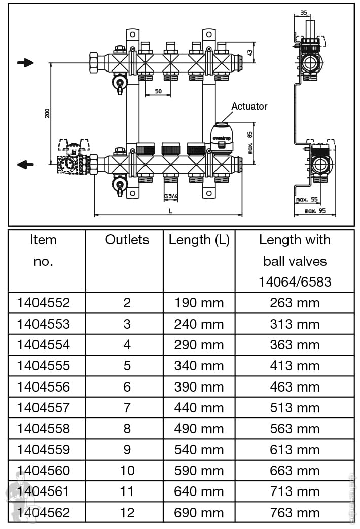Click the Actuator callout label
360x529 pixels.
point(249,107)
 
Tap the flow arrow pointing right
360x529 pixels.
point(25,63)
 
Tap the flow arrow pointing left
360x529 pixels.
point(25,165)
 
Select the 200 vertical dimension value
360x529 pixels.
point(47,113)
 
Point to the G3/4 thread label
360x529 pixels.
point(171,196)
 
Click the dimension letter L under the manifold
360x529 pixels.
point(170,210)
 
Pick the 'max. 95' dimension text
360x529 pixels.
point(315,210)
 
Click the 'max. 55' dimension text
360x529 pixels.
point(307,200)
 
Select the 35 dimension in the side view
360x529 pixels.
point(303,12)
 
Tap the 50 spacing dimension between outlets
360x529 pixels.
point(158,91)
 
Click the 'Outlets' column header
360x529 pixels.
point(127,240)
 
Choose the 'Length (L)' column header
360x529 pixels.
point(199,240)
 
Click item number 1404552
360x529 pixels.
point(44,303)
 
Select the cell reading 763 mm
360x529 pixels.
point(295,512)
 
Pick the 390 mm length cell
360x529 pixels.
point(199,386)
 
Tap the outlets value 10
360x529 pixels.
point(127,470)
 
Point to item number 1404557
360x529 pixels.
point(44,407)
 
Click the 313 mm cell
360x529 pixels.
point(295,324)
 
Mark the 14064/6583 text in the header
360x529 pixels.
point(295,282)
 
